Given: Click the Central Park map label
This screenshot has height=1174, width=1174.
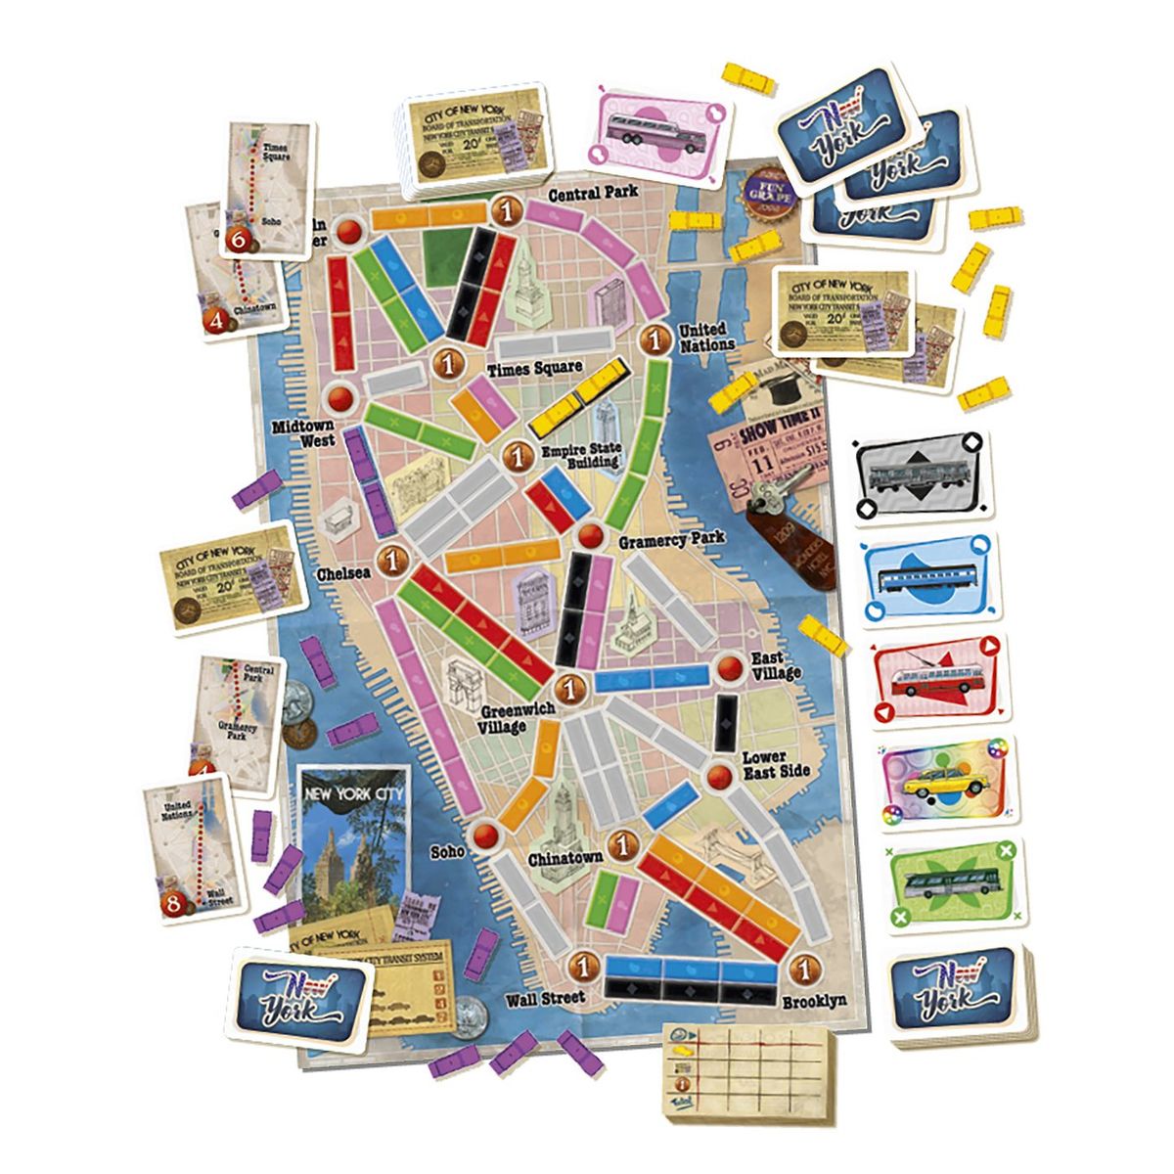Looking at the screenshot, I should click(593, 194).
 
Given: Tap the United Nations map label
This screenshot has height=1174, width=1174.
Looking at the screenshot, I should click(706, 338).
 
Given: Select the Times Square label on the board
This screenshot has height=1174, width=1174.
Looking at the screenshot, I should click(535, 368).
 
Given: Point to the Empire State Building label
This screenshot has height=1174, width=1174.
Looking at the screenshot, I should click(581, 457).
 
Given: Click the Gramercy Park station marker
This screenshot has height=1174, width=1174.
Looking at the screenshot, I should click(590, 535).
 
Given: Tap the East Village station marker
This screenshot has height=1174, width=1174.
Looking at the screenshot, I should click(731, 667).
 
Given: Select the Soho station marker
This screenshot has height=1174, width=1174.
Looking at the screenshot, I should click(486, 834).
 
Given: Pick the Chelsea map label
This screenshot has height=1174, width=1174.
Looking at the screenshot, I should click(343, 572).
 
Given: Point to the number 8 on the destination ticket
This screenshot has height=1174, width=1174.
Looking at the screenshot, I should click(175, 905).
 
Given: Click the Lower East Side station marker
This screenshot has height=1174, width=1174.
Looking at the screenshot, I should click(720, 777).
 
